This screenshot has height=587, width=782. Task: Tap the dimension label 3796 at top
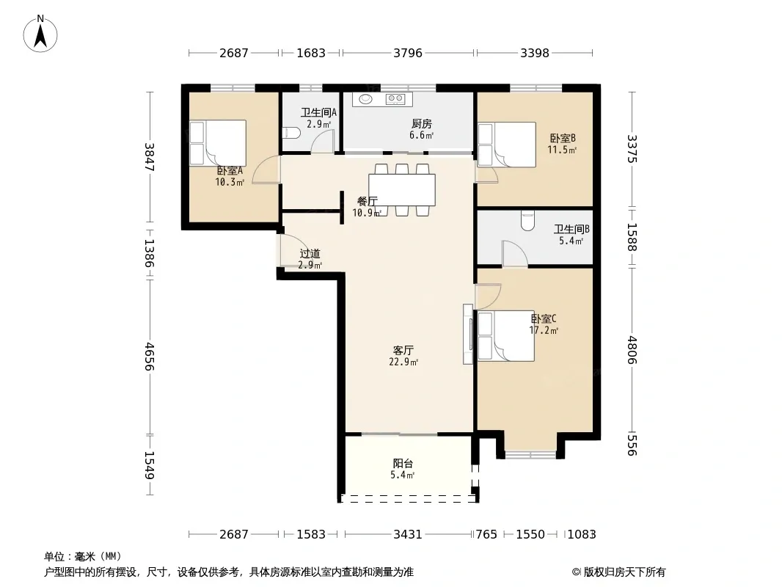coord(407,53)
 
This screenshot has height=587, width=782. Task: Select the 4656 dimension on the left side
coord(149,357)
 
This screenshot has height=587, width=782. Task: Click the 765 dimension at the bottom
coord(486,535)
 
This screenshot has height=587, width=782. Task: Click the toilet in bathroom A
coord(290,133)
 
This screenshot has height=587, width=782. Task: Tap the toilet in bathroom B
coord(527,221)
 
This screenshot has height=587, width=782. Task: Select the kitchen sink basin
coord(367,99)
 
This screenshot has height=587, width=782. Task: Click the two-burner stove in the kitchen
coord(395,99)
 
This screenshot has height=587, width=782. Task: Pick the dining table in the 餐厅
coord(402,189)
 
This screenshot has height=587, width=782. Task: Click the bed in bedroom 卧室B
coord(507,145)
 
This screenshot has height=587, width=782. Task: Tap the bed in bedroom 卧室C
coord(506,335)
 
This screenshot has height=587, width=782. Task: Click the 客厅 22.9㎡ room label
coord(403,356)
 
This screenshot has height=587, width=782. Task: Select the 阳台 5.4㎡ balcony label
coord(403,469)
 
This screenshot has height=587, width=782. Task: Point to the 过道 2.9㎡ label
coord(310,259)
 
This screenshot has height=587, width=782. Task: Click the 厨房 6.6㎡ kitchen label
coord(421,129)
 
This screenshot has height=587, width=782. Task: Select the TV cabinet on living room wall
coord(468,334)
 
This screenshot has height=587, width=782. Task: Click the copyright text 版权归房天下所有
coord(624,572)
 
